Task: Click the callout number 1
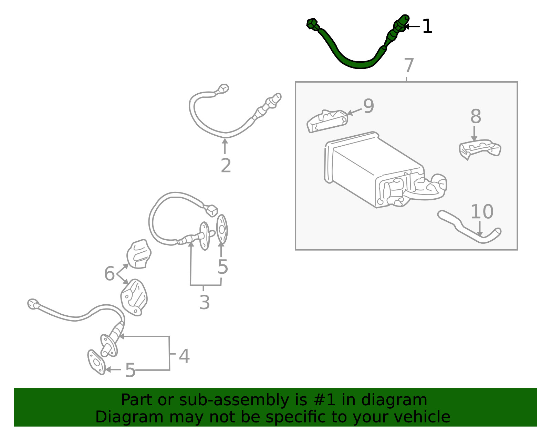[x=427, y=27]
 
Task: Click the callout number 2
[x=226, y=166]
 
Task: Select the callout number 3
[x=204, y=302]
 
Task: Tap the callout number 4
[x=184, y=356]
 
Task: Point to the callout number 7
[x=409, y=65]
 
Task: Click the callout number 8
[x=476, y=116]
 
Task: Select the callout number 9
[x=368, y=106]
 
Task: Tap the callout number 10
[x=482, y=211]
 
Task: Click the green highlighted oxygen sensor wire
[x=360, y=65]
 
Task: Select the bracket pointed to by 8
[x=480, y=149]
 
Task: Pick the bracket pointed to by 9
[x=327, y=121]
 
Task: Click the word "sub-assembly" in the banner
[x=234, y=400]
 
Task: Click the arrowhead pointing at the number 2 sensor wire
[x=225, y=141]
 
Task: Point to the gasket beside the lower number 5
[x=96, y=362]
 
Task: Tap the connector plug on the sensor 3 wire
[x=211, y=210]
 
